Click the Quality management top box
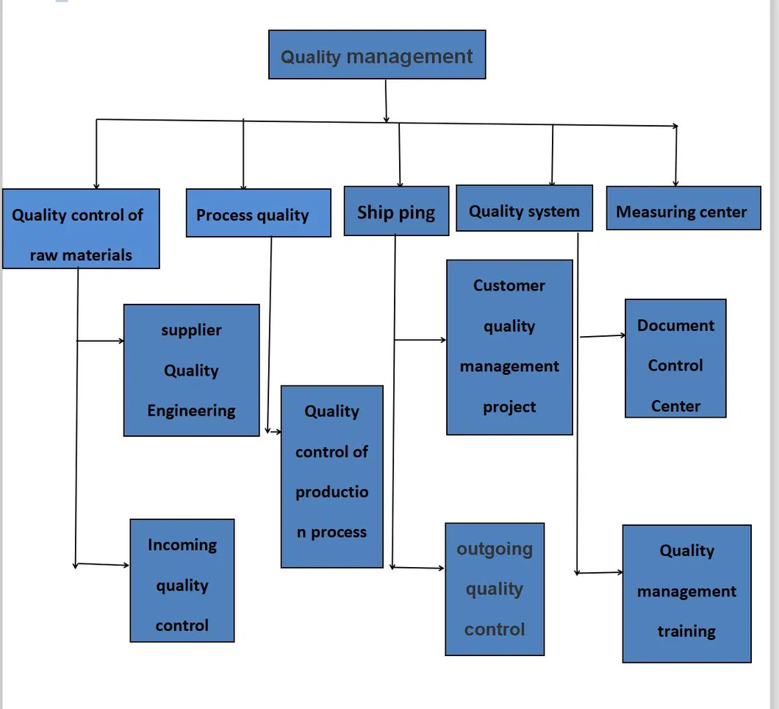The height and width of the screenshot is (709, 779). click(377, 54)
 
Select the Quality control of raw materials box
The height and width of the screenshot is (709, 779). click(81, 229)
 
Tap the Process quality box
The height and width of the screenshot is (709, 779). click(258, 213)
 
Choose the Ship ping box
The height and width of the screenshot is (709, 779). click(396, 211)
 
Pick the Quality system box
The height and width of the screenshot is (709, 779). click(524, 208)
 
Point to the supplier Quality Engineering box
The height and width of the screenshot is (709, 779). click(191, 370)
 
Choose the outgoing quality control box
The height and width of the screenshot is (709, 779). click(495, 589)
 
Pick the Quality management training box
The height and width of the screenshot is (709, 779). click(686, 593)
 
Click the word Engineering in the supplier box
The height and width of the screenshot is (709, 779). click(191, 410)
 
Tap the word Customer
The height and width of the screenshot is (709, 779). click(509, 285)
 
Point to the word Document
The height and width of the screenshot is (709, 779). click(675, 325)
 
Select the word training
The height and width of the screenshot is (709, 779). click(686, 631)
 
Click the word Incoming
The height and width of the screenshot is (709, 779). click(182, 545)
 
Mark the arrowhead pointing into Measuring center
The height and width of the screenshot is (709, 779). click(675, 183)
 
